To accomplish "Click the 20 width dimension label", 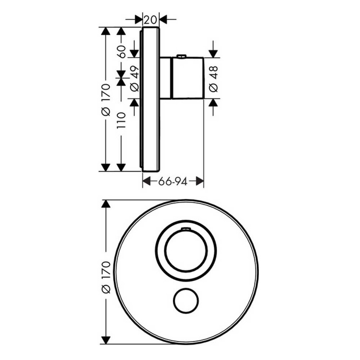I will (x=150, y=19).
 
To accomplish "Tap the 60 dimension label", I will (x=121, y=51).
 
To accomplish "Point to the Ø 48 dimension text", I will (x=214, y=79).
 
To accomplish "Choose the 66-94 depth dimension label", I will (x=173, y=182).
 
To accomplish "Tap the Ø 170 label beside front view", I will (x=106, y=277).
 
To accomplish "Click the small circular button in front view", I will (x=186, y=302).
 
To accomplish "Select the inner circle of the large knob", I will (x=186, y=251).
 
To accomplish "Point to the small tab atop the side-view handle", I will (x=182, y=55).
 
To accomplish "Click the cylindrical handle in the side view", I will (x=187, y=78).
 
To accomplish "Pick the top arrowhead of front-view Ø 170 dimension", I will (x=106, y=204).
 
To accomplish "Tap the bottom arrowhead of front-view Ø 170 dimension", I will (x=106, y=339).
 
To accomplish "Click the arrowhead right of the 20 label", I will (x=163, y=19).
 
